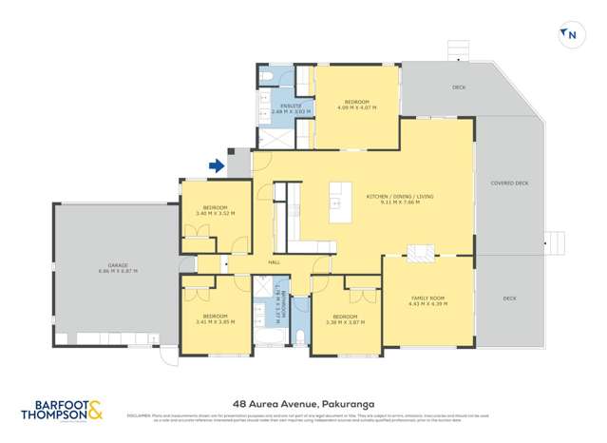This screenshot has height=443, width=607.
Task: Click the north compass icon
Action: (571, 35)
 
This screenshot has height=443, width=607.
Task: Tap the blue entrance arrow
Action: (216, 166)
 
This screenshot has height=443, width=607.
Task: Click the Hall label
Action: (274, 261)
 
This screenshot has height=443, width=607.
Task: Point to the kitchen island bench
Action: (340, 202)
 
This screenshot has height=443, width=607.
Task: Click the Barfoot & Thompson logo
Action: (62, 410)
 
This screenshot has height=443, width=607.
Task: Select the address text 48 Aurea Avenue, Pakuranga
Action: (303, 402)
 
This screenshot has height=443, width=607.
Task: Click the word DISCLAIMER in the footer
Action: (141, 414)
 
